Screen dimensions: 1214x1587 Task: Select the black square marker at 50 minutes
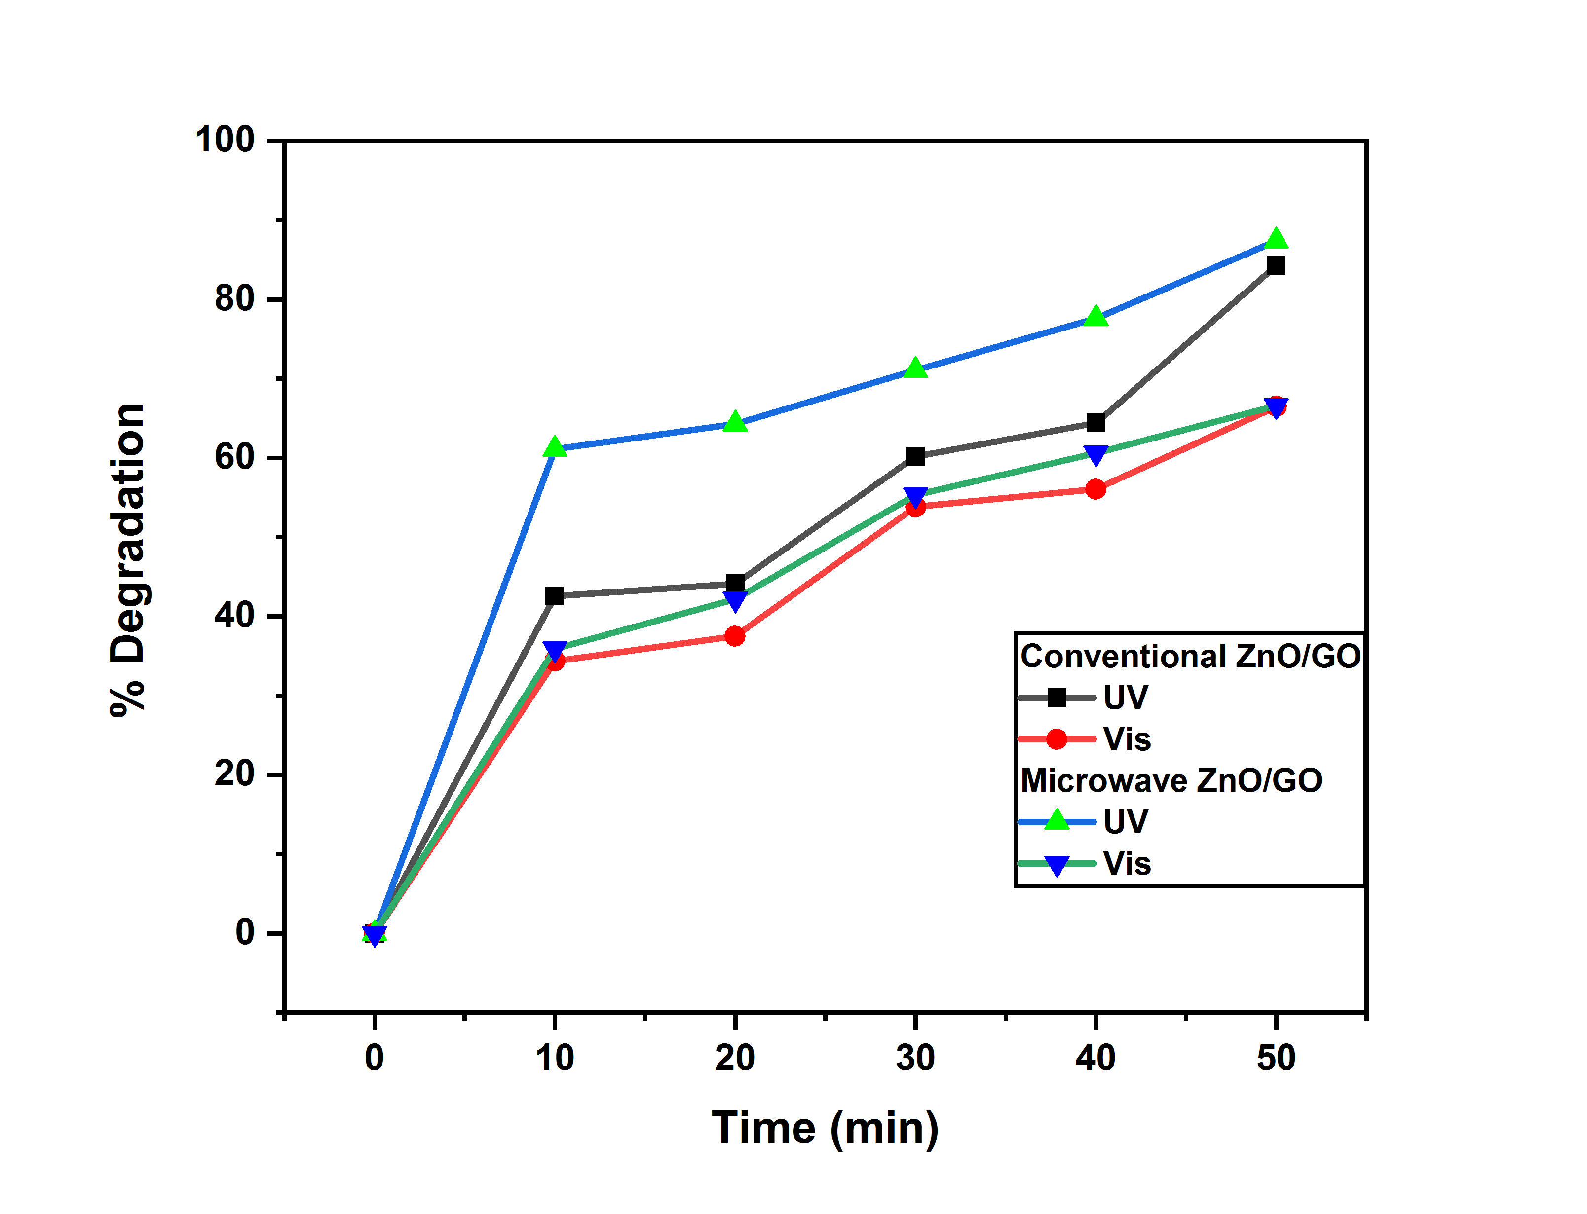click(1276, 266)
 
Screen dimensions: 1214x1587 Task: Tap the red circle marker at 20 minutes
click(735, 636)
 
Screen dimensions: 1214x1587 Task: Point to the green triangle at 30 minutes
click(915, 368)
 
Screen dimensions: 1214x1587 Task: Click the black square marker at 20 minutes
click(735, 583)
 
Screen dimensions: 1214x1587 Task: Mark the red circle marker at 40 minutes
click(1096, 489)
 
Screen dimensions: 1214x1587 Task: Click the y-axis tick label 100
click(225, 140)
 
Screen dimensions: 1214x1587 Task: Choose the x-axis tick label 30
click(915, 1058)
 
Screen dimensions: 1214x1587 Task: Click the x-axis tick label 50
click(1276, 1058)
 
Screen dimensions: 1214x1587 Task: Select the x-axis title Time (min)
click(825, 1128)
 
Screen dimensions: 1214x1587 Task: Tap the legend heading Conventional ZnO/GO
click(1190, 656)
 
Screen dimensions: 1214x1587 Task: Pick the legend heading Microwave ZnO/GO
click(1171, 780)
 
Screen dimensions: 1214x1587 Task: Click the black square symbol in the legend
click(1057, 698)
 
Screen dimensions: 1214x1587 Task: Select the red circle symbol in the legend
click(1057, 738)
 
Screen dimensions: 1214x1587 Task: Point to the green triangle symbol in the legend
click(1057, 820)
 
